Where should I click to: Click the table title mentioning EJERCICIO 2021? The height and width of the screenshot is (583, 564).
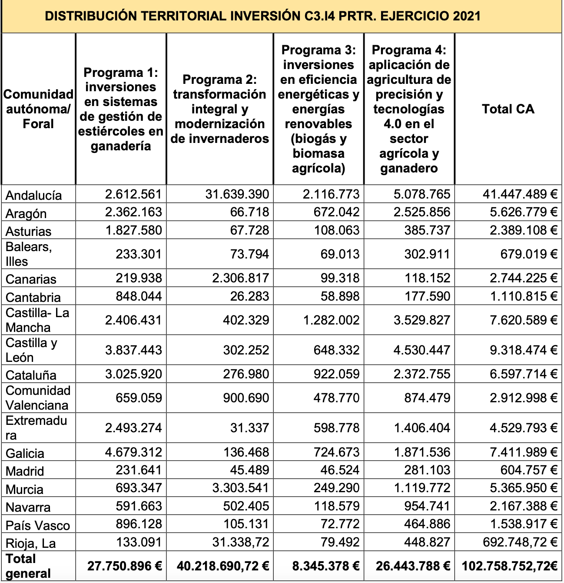tap(263, 17)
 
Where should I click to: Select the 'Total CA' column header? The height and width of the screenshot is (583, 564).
tap(508, 109)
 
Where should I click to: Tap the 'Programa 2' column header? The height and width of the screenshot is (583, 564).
tap(220, 109)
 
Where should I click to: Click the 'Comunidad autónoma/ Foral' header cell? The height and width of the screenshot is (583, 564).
tap(38, 109)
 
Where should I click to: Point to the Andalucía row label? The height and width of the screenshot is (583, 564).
tap(33, 195)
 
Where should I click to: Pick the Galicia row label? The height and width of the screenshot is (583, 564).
tap(25, 453)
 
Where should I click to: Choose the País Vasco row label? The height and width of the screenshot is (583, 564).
tap(37, 525)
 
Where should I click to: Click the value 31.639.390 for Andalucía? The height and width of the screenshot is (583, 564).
tap(237, 194)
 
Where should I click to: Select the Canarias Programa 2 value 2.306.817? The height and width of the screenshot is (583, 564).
tap(241, 278)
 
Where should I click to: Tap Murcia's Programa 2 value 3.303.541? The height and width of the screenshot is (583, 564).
tap(241, 488)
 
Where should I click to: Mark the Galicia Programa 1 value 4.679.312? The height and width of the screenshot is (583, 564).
tap(133, 452)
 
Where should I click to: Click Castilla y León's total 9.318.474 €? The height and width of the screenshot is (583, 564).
tap(524, 350)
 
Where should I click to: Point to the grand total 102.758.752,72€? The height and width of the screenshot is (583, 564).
tap(510, 566)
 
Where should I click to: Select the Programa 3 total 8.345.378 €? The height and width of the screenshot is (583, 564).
tap(326, 566)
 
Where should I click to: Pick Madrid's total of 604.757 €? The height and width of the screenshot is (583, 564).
tap(529, 470)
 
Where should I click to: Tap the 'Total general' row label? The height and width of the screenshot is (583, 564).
tap(27, 566)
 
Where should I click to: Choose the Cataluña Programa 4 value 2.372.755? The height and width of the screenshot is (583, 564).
tap(422, 374)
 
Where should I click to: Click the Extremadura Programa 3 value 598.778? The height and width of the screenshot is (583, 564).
tap(337, 428)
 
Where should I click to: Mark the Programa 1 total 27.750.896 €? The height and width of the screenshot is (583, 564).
tap(125, 566)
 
